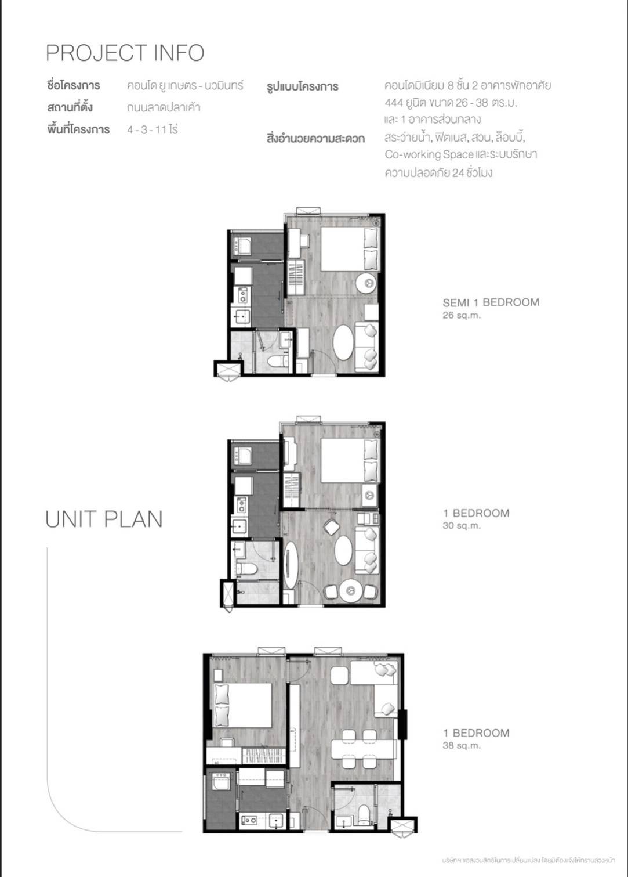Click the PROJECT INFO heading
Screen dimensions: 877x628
pyautogui.click(x=125, y=53)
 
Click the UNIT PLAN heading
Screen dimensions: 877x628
pyautogui.click(x=104, y=519)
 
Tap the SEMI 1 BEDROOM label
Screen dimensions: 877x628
pyautogui.click(x=491, y=302)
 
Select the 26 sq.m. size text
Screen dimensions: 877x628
pyautogui.click(x=462, y=316)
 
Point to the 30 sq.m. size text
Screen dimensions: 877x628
pyautogui.click(x=462, y=526)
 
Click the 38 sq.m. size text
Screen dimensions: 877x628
pyautogui.click(x=462, y=746)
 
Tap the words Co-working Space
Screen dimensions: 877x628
pyautogui.click(x=429, y=155)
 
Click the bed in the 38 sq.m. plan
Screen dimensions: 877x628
pyautogui.click(x=242, y=705)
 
